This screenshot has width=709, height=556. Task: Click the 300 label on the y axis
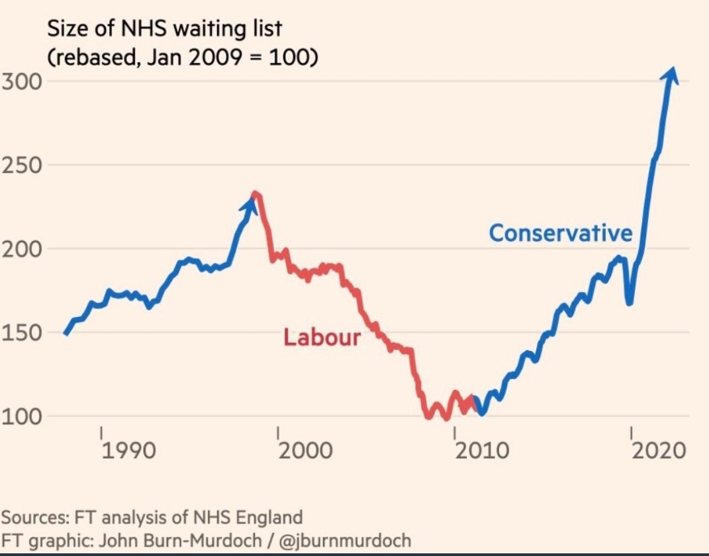[x=21, y=81]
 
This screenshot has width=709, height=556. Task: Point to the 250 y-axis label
[x=21, y=165]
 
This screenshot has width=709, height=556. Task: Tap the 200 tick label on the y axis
[x=21, y=249]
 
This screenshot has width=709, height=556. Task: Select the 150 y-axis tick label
[x=21, y=332]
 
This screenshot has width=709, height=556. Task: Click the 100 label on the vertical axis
[x=21, y=416]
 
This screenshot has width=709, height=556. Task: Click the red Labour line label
[x=322, y=337]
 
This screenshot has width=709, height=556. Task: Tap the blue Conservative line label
[x=561, y=233]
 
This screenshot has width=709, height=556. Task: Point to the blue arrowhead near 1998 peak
[x=250, y=203]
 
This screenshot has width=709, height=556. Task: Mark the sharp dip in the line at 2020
[x=629, y=302]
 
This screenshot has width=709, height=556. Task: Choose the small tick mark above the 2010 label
[x=454, y=432]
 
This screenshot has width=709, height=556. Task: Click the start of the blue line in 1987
[x=65, y=334]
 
